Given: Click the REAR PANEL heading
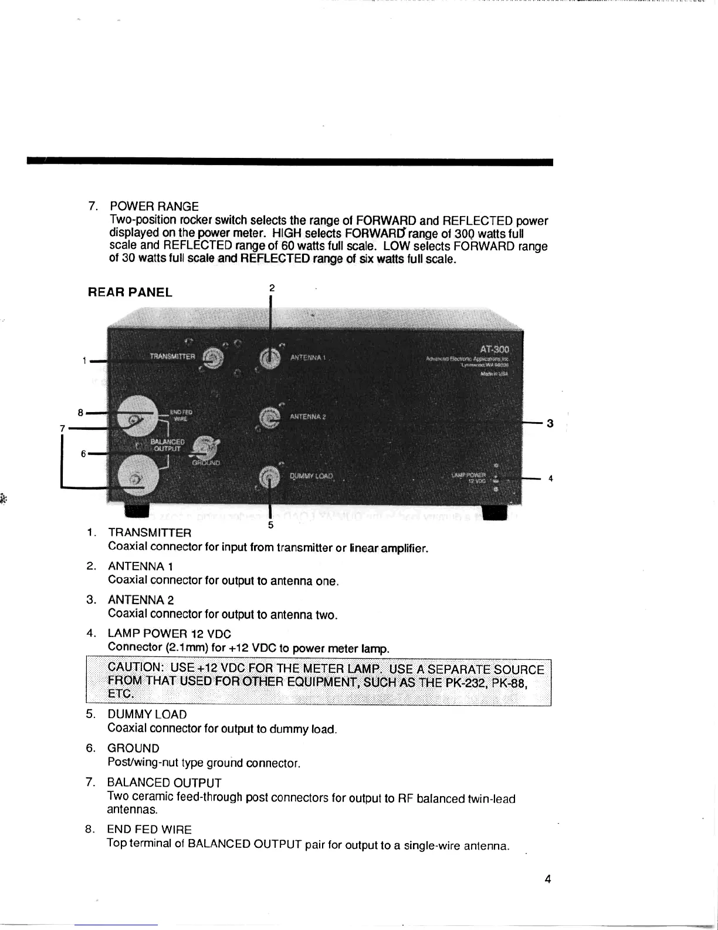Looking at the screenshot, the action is pyautogui.click(x=130, y=292).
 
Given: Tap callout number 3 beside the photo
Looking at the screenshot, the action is pyautogui.click(x=550, y=423).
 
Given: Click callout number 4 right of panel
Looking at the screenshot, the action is pyautogui.click(x=550, y=479).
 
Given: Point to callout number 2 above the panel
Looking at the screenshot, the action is pyautogui.click(x=272, y=288).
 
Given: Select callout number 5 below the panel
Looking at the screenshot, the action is pyautogui.click(x=270, y=525).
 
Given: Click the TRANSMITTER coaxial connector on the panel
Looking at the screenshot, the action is pyautogui.click(x=213, y=358).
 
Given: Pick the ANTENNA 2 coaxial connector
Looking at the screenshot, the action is pyautogui.click(x=269, y=417).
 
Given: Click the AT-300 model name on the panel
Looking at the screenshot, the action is pyautogui.click(x=495, y=349).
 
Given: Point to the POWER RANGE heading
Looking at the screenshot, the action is pyautogui.click(x=154, y=207).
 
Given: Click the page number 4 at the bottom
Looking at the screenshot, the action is pyautogui.click(x=547, y=879).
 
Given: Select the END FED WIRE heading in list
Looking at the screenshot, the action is pyautogui.click(x=149, y=830).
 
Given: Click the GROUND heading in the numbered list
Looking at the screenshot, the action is pyautogui.click(x=133, y=749).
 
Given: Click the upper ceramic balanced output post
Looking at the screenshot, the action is pyautogui.click(x=137, y=419).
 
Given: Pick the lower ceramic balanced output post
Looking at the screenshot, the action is pyautogui.click(x=137, y=478).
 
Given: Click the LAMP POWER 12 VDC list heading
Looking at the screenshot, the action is pyautogui.click(x=169, y=634).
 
